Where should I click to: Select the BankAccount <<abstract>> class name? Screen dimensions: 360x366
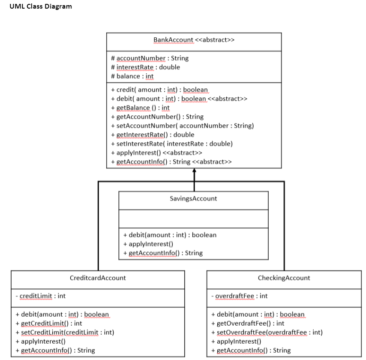194,40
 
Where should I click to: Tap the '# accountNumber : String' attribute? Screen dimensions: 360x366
150,58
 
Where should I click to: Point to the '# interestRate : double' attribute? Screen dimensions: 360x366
145,67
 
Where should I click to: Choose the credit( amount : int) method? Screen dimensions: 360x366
159,90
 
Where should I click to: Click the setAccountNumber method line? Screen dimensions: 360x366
182,126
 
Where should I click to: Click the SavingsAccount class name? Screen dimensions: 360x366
193,199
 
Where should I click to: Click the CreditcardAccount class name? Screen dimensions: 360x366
98,278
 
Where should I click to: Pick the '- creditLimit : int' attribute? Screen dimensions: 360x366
40,296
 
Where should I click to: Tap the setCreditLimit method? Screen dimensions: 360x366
64,332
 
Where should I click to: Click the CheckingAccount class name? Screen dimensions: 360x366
284,278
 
